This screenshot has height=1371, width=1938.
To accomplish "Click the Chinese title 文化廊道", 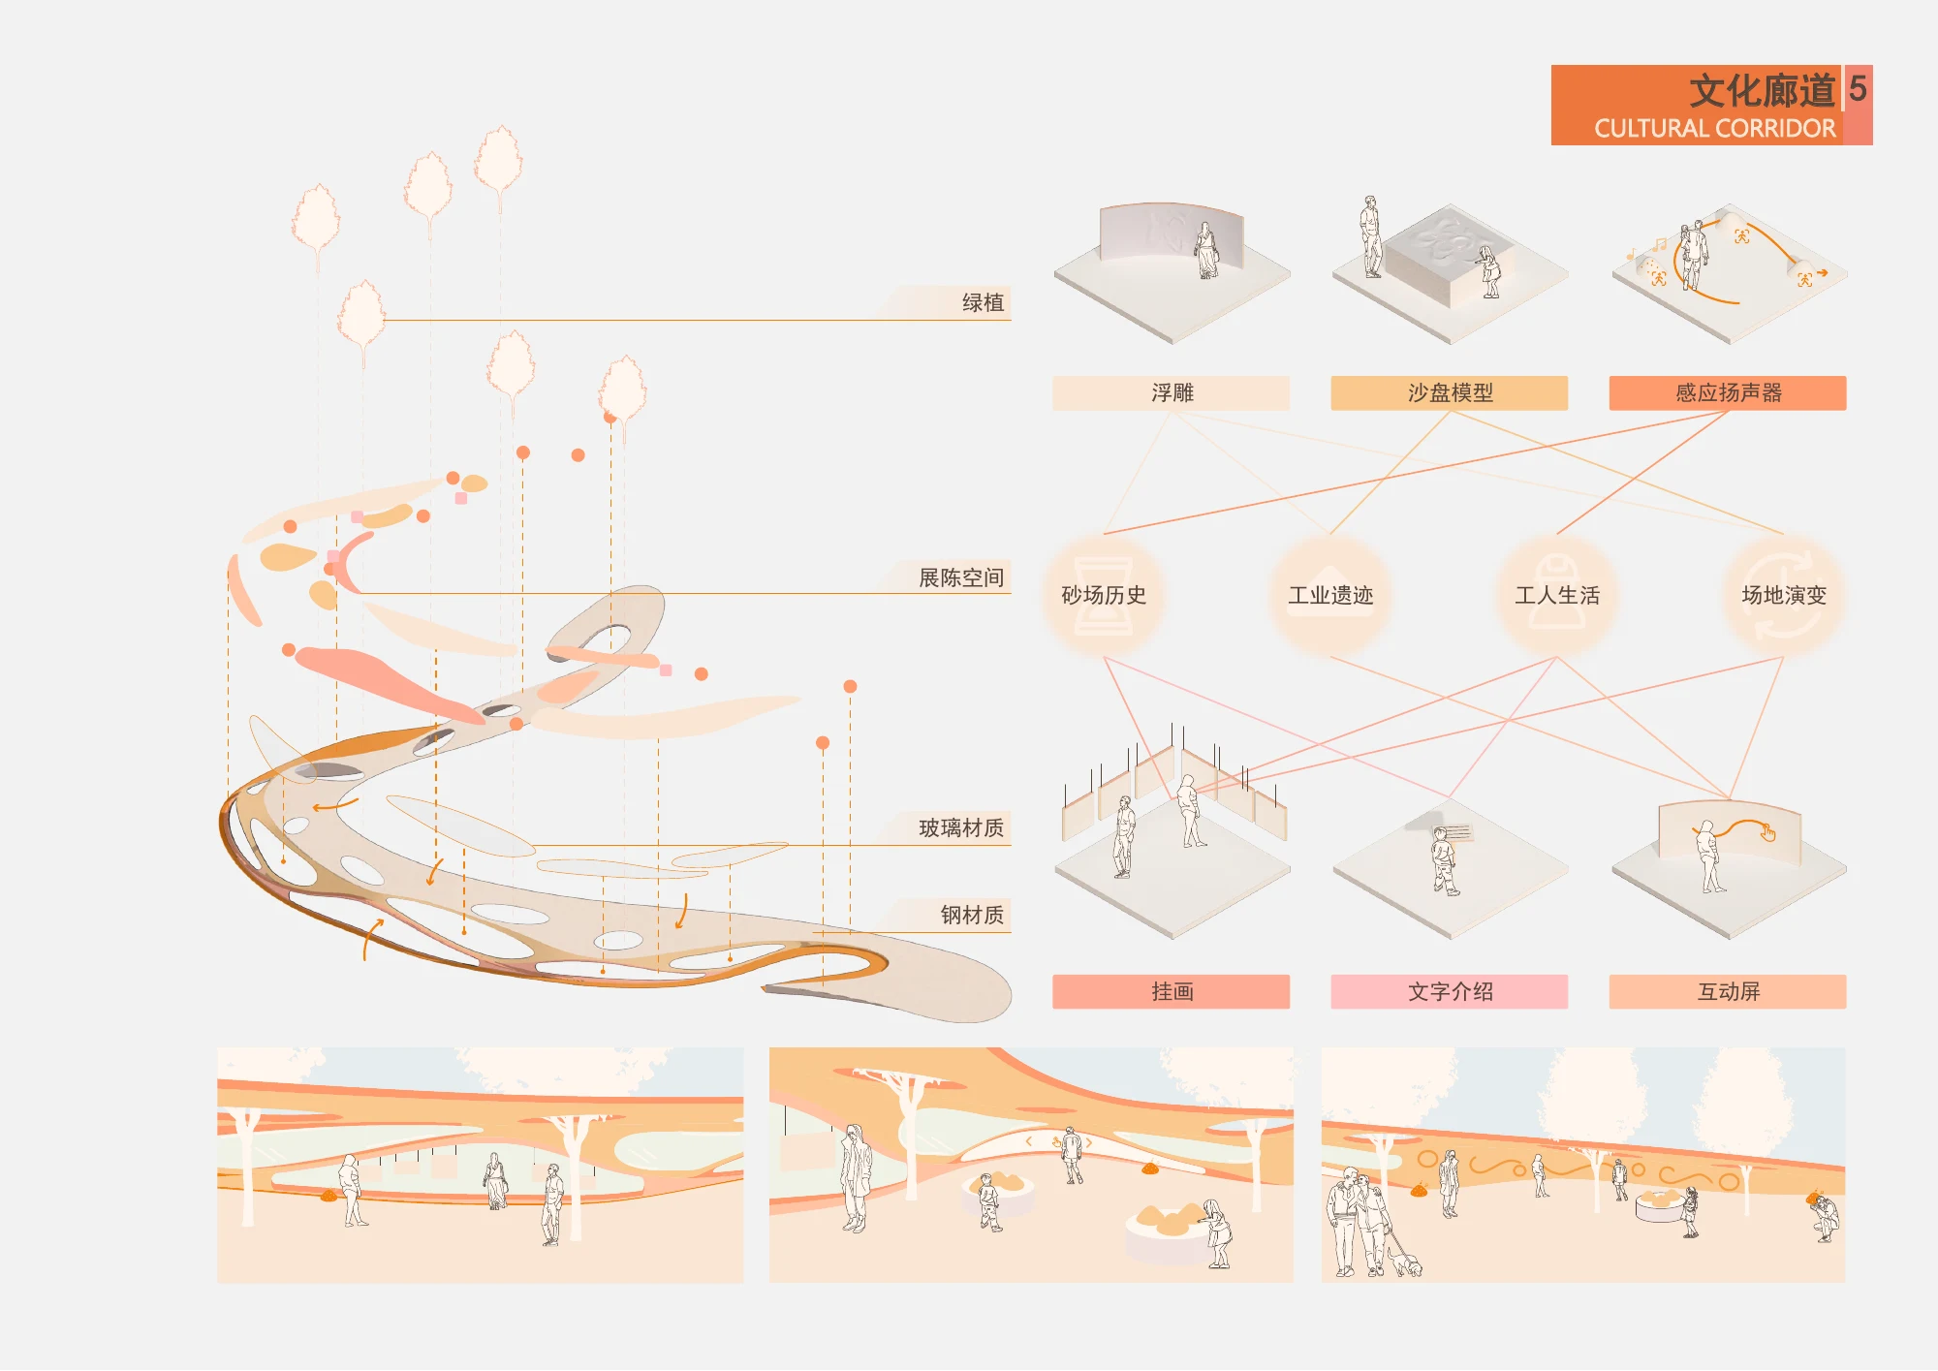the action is click(x=1763, y=91).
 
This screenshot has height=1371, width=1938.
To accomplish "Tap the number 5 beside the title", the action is click(x=1858, y=88).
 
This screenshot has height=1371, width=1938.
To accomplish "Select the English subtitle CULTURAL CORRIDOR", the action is click(x=1715, y=129).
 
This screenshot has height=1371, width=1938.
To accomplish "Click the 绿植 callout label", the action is click(x=983, y=302).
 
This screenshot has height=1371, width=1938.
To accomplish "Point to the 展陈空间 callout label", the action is click(x=961, y=577).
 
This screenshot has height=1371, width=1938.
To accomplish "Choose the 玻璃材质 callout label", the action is click(x=961, y=827).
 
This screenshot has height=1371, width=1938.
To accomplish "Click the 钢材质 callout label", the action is click(x=972, y=915).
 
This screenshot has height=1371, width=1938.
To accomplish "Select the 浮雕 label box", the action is click(x=1172, y=392).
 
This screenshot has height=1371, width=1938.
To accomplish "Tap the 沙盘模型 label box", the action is click(x=1450, y=392).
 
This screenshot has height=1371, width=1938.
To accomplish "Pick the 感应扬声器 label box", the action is click(x=1728, y=392).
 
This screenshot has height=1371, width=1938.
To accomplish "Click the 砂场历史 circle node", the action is click(x=1104, y=595).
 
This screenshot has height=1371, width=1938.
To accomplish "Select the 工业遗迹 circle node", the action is click(x=1330, y=595).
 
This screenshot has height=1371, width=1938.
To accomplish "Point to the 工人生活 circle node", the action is click(x=1557, y=595).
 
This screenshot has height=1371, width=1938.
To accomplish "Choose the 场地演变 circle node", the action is click(x=1784, y=595).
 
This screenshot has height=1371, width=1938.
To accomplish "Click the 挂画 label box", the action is click(x=1172, y=991).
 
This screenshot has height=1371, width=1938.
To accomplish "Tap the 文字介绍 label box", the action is click(x=1450, y=991).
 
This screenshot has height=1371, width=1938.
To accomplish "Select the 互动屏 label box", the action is click(x=1728, y=991).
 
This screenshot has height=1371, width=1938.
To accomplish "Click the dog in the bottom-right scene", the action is click(x=1405, y=1262).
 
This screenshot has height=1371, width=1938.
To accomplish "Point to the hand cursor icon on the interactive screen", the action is click(x=1768, y=832).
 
